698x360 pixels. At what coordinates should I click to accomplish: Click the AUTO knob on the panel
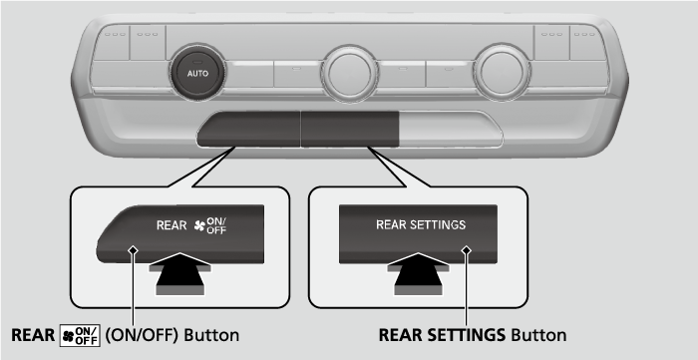pyautogui.click(x=197, y=74)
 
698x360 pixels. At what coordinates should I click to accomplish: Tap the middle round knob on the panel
pyautogui.click(x=349, y=74)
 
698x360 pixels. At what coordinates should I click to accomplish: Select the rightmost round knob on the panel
pyautogui.click(x=502, y=73)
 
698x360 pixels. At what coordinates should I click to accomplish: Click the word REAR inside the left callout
pyautogui.click(x=172, y=225)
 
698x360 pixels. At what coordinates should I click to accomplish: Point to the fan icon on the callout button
pyautogui.click(x=199, y=226)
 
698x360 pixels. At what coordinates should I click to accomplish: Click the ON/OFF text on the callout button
pyautogui.click(x=216, y=225)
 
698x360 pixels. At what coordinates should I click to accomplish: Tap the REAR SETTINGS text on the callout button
pyautogui.click(x=421, y=224)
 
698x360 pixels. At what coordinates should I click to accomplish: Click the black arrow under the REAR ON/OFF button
pyautogui.click(x=179, y=273)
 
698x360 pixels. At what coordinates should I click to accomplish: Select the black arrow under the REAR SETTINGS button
pyautogui.click(x=418, y=273)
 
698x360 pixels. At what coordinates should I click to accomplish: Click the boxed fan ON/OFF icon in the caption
pyautogui.click(x=80, y=335)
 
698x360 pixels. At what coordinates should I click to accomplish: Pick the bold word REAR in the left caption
pyautogui.click(x=33, y=335)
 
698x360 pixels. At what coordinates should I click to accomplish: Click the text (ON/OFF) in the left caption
pyautogui.click(x=142, y=335)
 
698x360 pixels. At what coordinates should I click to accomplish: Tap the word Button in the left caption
pyautogui.click(x=211, y=335)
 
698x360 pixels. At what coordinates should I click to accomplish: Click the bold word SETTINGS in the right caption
pyautogui.click(x=463, y=335)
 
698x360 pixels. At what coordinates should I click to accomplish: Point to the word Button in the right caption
pyautogui.click(x=539, y=335)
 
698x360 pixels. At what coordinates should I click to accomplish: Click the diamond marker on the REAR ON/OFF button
pyautogui.click(x=133, y=250)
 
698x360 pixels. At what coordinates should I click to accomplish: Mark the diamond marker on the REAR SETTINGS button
pyautogui.click(x=466, y=250)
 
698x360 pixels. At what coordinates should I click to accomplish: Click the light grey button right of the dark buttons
pyautogui.click(x=450, y=129)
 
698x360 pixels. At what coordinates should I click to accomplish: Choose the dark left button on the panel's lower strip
pyautogui.click(x=249, y=129)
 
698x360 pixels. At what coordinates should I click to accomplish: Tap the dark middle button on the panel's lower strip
pyautogui.click(x=350, y=129)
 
